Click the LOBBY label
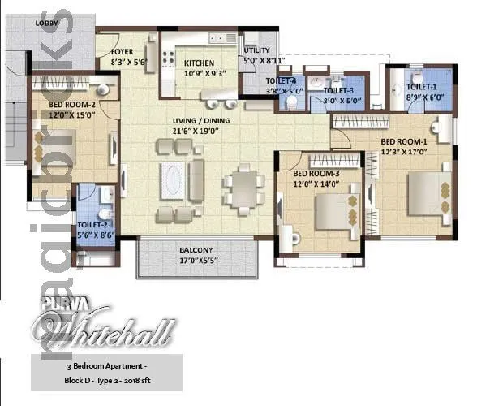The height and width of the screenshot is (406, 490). click(x=45, y=24)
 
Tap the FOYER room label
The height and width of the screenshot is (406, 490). click(x=122, y=50)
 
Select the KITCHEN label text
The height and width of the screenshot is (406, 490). click(x=198, y=63)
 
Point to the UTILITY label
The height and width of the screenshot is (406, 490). click(x=256, y=50)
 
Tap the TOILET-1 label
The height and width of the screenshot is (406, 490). click(x=422, y=86)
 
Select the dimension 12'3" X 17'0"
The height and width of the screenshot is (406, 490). click(x=406, y=152)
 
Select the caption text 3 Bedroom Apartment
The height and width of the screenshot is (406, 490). click(x=106, y=368)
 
